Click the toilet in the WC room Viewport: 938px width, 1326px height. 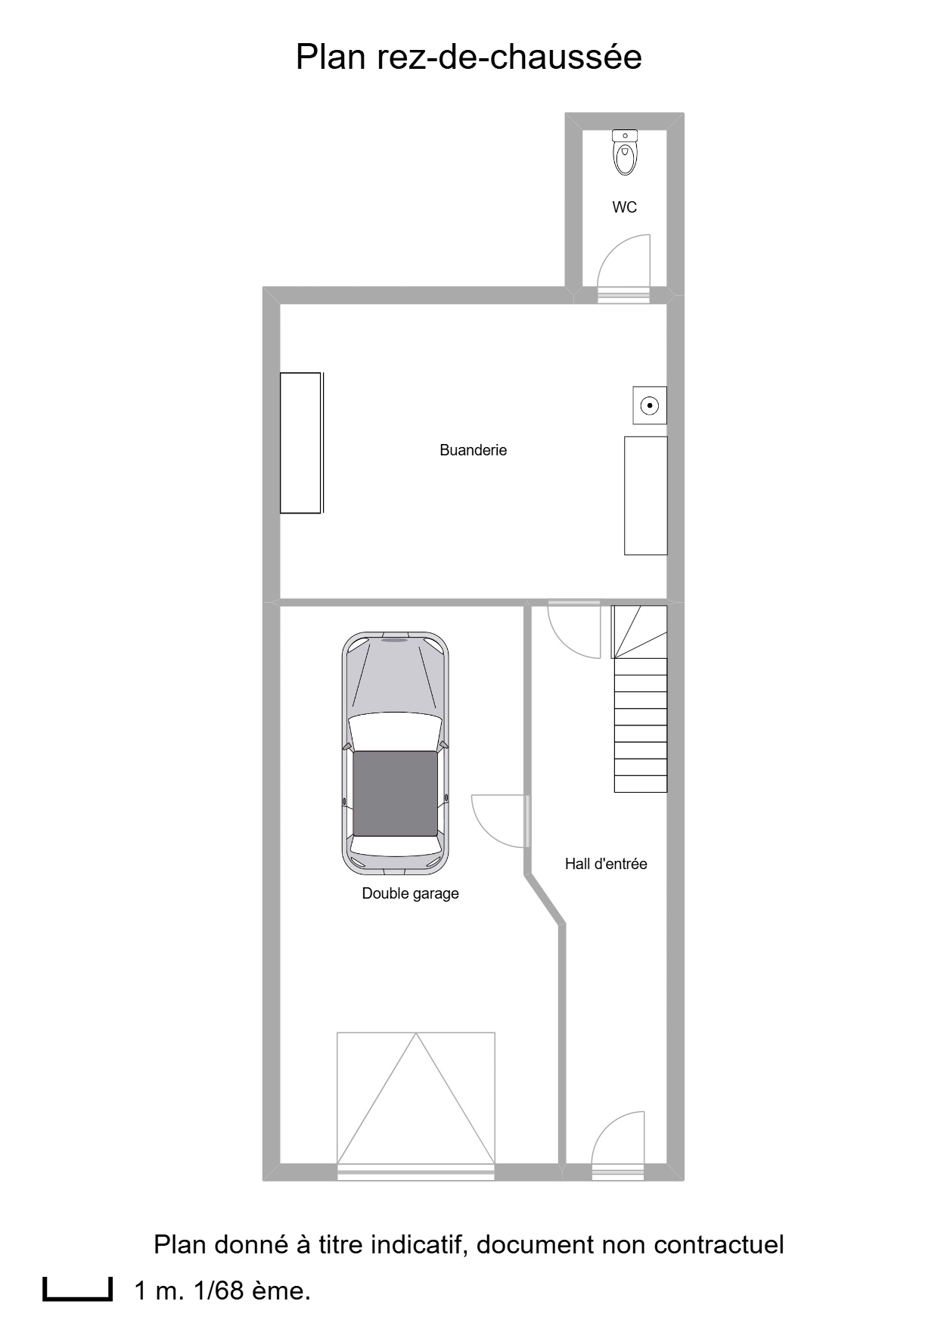[625, 152]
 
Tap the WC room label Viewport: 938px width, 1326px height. [625, 207]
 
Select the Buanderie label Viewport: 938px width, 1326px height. [474, 450]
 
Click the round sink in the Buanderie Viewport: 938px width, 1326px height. [650, 405]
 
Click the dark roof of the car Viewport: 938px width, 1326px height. [395, 793]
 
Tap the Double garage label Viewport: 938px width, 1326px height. [411, 893]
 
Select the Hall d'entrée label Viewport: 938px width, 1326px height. [606, 864]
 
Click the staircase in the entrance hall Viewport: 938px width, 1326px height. [640, 698]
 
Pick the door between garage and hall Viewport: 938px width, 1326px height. [499, 821]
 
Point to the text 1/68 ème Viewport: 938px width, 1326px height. [252, 1290]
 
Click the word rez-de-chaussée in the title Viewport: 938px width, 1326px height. [510, 57]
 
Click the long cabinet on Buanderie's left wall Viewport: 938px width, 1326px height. [301, 443]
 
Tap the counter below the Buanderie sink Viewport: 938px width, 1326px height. [646, 495]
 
